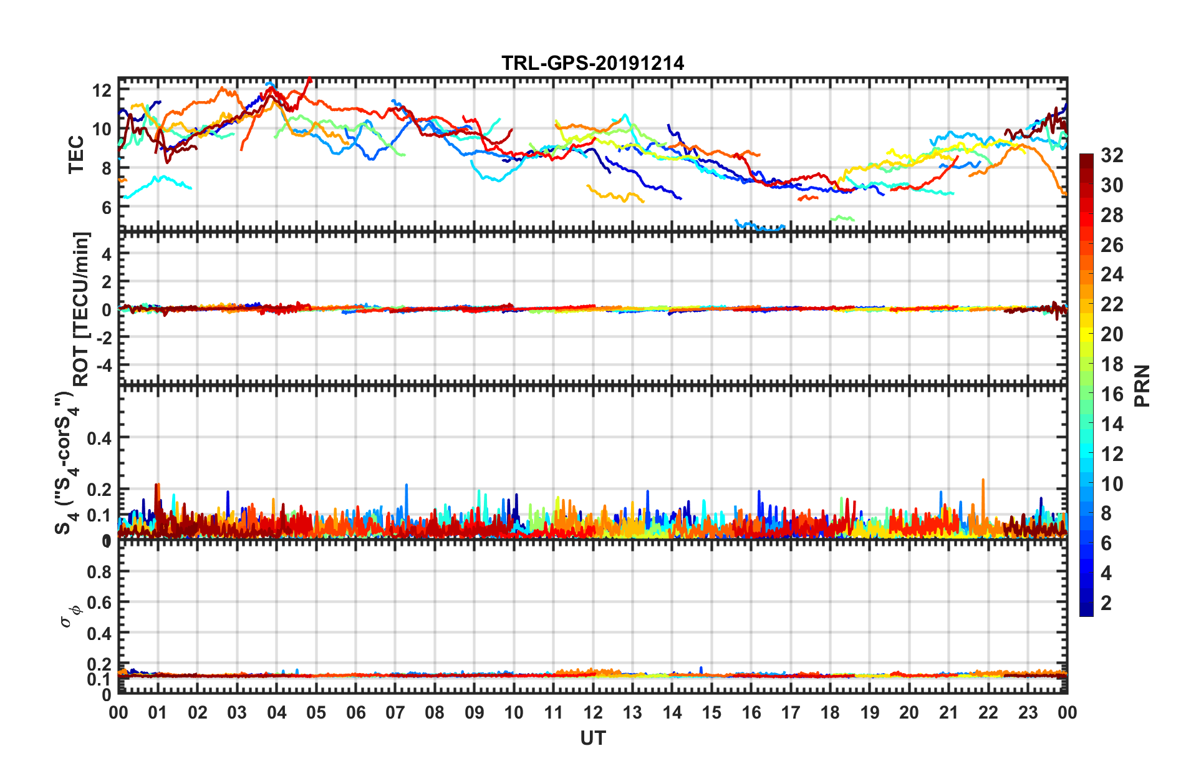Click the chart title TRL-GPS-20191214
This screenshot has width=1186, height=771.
coord(592,63)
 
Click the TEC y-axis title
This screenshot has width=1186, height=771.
coord(76,155)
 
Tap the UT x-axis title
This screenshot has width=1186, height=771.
coord(592,739)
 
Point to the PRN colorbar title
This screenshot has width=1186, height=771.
coord(1142,385)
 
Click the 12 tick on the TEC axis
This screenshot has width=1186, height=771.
coord(102,90)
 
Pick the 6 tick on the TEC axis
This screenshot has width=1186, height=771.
coord(106,207)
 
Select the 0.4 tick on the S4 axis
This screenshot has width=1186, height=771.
coord(99,439)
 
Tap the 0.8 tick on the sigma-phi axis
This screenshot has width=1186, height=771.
coord(99,572)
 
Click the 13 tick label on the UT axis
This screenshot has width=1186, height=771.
coord(632,713)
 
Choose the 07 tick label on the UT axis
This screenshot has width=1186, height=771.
coord(395,713)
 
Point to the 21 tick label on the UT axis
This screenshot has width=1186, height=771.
coord(948,713)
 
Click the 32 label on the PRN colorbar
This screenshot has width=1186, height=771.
coord(1112,155)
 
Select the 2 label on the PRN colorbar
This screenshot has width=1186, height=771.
coord(1106,603)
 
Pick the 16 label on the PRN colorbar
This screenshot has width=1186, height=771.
coord(1112,394)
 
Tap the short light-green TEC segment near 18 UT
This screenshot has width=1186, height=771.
coord(842,218)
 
